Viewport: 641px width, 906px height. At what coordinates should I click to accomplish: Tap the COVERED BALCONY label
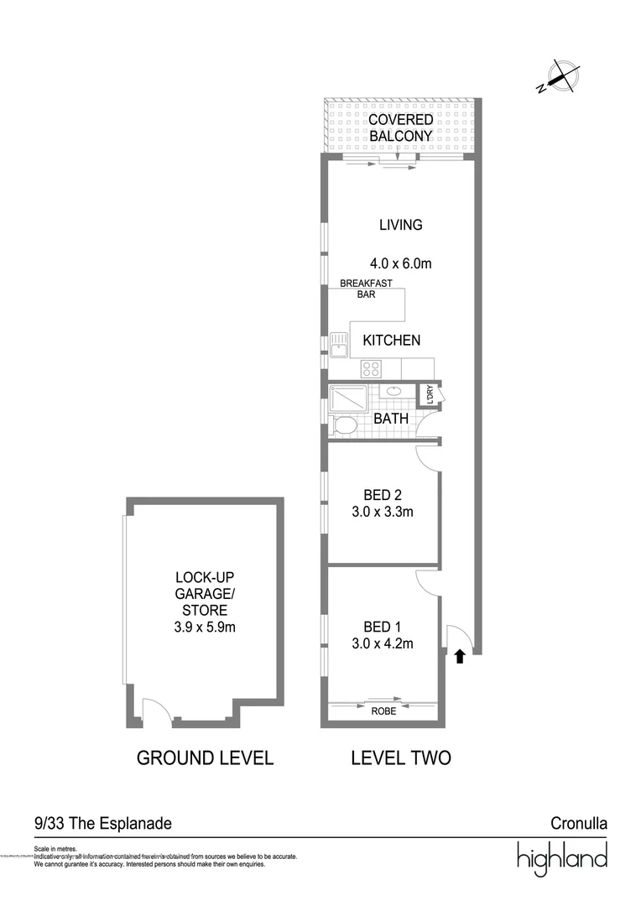coord(400,128)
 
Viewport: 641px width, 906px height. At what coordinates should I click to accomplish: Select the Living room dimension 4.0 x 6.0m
coord(400,263)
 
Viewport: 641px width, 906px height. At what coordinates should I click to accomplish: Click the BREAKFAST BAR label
coord(366,289)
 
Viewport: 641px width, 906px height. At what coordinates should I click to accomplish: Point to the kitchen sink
coord(339,343)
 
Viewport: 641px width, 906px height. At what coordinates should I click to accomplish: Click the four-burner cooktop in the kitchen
coord(372,368)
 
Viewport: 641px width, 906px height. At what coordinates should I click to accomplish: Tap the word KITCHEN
coord(391,340)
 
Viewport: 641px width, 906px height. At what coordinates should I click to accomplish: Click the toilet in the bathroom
coord(343,425)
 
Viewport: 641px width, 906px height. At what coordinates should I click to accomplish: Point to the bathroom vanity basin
coord(393,391)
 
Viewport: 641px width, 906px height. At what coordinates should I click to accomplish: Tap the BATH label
coord(391,418)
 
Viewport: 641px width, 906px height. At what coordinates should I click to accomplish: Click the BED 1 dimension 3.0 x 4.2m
coord(382,643)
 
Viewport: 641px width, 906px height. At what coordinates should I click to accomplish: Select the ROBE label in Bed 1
coord(383,711)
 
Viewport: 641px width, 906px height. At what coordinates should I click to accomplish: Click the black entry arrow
coord(460,657)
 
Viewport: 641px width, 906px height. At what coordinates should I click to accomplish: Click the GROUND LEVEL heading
coord(205,758)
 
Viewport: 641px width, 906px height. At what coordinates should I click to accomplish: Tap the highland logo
coord(561,858)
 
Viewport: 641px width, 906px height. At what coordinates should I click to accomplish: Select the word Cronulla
coord(578,824)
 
